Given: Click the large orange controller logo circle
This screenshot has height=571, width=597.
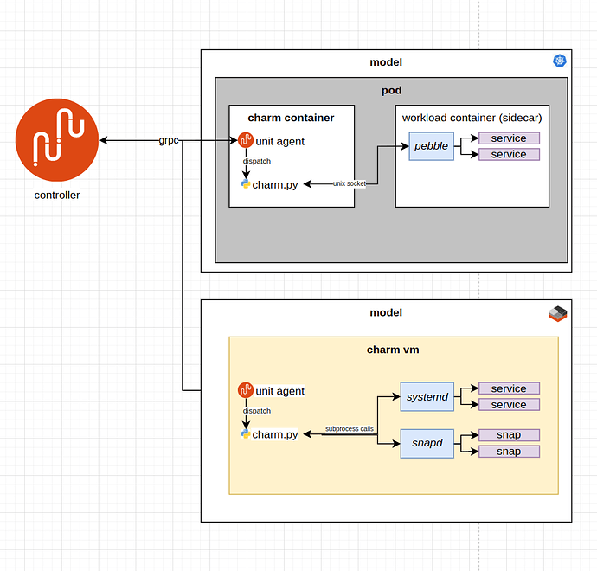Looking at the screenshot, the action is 57,140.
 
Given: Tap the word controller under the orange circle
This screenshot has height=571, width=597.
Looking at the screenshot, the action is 57,196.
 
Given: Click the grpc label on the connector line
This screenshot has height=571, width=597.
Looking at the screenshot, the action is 169,140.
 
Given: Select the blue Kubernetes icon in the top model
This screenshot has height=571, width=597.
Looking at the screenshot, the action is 559,61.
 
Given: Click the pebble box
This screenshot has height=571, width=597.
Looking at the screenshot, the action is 432,146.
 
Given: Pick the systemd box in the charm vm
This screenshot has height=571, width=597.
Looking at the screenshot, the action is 427,396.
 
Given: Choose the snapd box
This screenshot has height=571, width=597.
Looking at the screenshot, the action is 427,444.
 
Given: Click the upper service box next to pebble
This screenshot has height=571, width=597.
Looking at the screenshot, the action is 509,138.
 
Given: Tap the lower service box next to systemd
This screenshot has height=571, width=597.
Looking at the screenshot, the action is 509,405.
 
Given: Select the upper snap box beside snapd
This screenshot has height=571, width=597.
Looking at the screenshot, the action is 509,435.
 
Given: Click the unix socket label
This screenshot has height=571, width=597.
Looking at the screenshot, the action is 350,183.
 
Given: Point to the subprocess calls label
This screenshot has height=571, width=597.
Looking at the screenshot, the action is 350,429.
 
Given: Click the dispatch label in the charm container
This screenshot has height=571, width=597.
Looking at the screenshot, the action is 257,161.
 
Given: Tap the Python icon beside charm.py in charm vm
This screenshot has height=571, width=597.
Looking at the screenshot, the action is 246,433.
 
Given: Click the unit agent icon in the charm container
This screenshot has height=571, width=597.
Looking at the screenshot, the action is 246,140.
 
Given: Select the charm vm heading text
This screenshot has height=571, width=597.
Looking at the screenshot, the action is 393,350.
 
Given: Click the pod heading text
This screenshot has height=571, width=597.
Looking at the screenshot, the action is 391,91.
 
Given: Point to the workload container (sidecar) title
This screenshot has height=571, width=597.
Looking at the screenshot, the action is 472,118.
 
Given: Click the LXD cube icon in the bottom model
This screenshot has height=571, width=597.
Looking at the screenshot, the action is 558,314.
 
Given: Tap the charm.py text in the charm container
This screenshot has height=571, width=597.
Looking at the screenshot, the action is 275,185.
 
